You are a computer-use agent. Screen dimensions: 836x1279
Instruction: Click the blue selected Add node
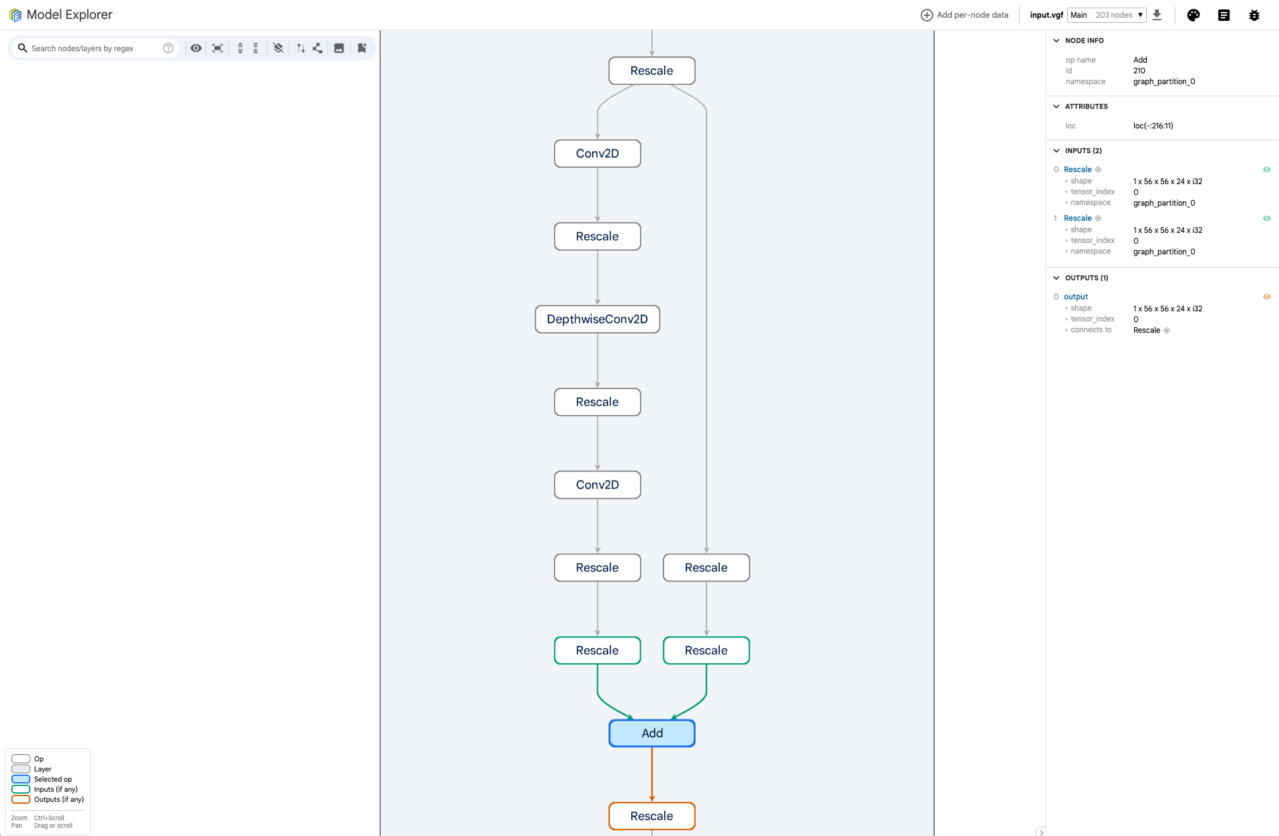(652, 733)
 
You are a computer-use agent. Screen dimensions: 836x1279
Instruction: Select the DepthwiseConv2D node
(597, 319)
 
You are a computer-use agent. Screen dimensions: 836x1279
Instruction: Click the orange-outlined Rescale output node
(652, 816)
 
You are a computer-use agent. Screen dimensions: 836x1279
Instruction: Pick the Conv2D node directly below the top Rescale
(597, 153)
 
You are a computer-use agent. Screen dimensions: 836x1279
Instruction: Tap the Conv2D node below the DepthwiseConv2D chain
(597, 485)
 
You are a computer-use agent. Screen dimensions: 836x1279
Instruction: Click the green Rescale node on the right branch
(706, 650)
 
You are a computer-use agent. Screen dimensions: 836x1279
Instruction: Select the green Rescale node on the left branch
(597, 650)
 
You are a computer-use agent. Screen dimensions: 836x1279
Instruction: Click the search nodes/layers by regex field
(95, 48)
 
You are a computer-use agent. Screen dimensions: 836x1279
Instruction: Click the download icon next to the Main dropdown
(1157, 15)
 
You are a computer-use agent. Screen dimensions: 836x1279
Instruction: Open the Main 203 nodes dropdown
(1107, 15)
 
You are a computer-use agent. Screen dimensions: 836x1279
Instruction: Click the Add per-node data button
(965, 15)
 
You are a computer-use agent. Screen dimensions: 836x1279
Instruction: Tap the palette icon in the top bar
(1194, 15)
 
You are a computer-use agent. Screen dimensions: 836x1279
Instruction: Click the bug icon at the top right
(1254, 15)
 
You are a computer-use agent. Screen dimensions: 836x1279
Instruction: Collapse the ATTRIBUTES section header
(1086, 106)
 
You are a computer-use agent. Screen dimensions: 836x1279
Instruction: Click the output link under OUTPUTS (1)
(1075, 297)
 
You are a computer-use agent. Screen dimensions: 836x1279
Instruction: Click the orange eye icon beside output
(1267, 297)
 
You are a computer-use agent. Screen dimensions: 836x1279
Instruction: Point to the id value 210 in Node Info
(1139, 71)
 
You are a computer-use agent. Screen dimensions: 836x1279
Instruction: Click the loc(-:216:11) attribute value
(1153, 126)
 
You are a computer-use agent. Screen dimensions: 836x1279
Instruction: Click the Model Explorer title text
(70, 15)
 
